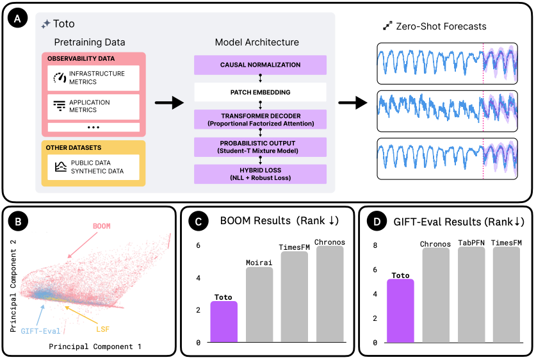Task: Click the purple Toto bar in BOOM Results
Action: pos(224,322)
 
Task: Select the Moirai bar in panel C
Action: pos(259,305)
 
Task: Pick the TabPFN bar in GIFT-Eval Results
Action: pos(471,295)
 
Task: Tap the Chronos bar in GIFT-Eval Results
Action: pos(436,295)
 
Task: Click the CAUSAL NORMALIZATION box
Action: pos(260,65)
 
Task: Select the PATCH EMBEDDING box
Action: pos(260,92)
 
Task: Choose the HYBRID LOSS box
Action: pos(260,174)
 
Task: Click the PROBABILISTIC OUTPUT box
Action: pos(260,147)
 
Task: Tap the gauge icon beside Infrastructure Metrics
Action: pos(60,78)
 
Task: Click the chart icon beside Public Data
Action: pos(61,167)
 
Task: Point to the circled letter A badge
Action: pos(17,19)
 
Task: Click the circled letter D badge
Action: pos(377,222)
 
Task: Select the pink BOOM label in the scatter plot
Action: pos(102,226)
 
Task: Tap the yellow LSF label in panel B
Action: pos(102,329)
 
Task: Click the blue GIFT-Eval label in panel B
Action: pos(40,331)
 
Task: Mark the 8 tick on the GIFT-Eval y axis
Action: pos(375,245)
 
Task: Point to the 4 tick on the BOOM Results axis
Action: pos(199,278)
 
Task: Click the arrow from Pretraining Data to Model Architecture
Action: pos(170,102)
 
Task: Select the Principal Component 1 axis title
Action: pos(95,347)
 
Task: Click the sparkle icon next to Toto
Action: pos(45,24)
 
